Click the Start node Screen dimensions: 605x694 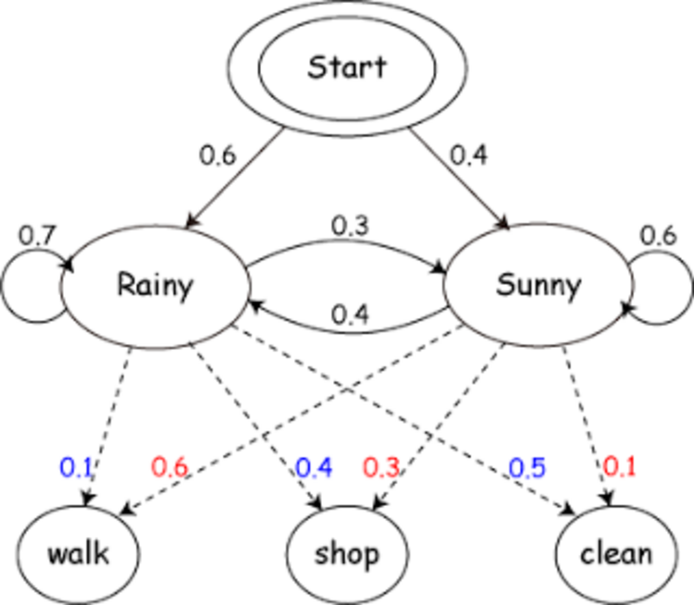(x=347, y=68)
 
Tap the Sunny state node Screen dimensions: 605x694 (x=537, y=285)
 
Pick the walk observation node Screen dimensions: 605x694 (x=79, y=554)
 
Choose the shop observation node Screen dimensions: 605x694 (x=347, y=554)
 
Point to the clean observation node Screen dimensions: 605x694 (x=616, y=554)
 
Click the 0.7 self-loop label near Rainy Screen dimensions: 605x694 (x=37, y=235)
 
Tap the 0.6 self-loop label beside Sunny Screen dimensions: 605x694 (x=658, y=235)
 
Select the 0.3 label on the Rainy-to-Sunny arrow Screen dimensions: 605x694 (x=350, y=226)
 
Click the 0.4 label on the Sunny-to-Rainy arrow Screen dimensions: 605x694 (x=350, y=315)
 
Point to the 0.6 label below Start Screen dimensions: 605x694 (x=217, y=155)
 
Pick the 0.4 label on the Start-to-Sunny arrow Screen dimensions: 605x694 (x=469, y=155)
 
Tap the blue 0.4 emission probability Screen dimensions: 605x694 (x=314, y=468)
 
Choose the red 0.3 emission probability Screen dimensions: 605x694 (x=381, y=468)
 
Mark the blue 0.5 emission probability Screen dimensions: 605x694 (x=527, y=468)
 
